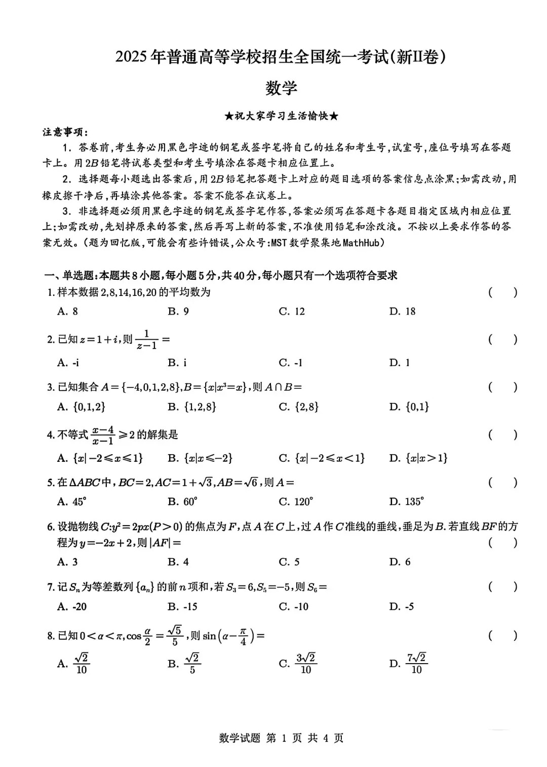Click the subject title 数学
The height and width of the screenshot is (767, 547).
coord(281,88)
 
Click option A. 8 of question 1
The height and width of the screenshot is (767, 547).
coord(68,311)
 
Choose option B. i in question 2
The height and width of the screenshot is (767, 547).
coord(178,362)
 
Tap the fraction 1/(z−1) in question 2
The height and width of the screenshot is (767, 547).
coord(147,340)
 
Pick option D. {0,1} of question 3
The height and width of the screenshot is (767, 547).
coord(409,407)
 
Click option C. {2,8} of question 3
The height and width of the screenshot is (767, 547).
coord(299,407)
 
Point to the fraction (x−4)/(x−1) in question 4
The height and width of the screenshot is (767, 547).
coord(103,435)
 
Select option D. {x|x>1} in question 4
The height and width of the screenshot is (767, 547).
coord(418,458)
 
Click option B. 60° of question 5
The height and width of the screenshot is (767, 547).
coord(182,502)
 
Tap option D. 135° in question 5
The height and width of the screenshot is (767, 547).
coord(406,502)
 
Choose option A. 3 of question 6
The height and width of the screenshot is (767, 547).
coord(68,562)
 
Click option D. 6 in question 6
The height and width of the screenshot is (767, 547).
coord(400,562)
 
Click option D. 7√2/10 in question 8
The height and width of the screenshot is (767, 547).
coord(408,664)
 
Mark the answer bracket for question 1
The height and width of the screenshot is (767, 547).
coord(503,293)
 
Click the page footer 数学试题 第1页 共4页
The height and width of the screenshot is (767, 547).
coord(281,738)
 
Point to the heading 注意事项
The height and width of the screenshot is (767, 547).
coord(65,132)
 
